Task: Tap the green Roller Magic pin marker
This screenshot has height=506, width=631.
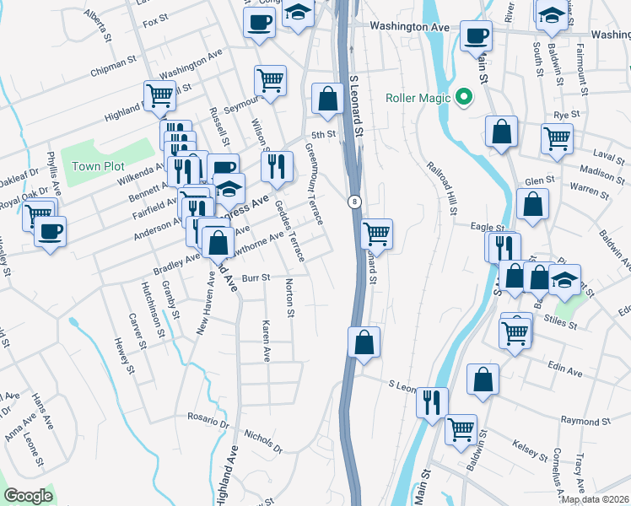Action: click(462, 98)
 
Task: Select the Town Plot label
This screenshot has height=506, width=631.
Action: click(98, 166)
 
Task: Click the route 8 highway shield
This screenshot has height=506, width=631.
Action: click(355, 201)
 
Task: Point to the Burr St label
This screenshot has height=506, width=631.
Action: click(256, 277)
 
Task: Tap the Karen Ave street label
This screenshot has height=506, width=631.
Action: click(267, 342)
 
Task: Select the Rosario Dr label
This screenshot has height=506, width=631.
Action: click(208, 417)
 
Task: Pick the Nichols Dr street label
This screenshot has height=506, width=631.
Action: click(262, 439)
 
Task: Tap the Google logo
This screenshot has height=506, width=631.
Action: click(28, 496)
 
